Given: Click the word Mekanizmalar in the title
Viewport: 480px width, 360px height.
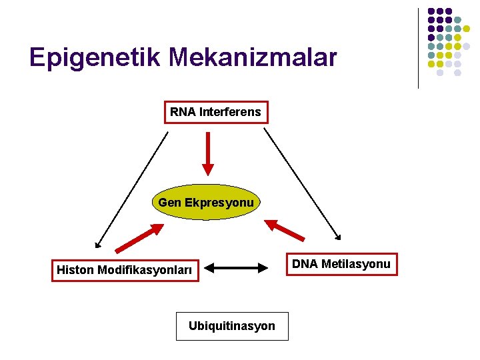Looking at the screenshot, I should [x=253, y=58].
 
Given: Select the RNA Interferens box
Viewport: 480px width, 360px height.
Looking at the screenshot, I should [x=215, y=112].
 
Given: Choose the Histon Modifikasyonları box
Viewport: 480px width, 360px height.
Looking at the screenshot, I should [x=125, y=270].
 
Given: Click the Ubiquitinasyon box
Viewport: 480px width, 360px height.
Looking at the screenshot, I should [x=232, y=326].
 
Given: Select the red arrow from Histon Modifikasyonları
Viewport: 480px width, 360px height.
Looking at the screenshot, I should [x=139, y=238].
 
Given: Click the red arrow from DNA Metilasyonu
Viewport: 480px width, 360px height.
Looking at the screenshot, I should [x=285, y=229].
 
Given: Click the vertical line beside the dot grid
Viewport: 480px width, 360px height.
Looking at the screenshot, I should [x=418, y=48].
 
